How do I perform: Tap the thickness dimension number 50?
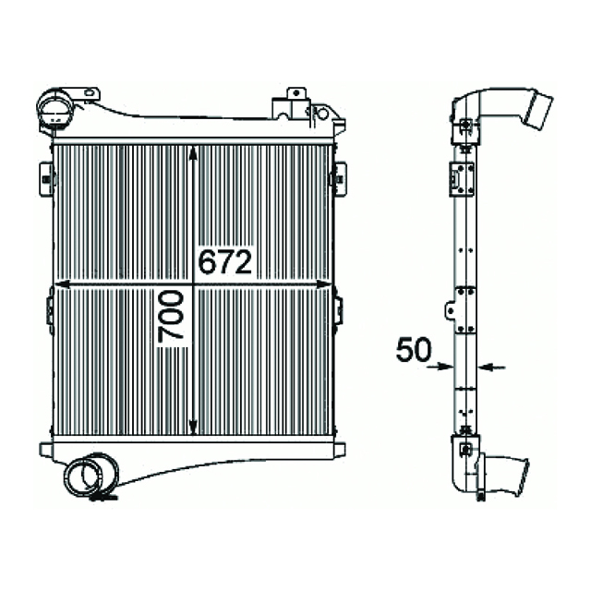click(414, 350)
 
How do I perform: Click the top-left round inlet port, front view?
click(54, 110)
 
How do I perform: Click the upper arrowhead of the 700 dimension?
click(192, 154)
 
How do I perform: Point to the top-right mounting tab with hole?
click(296, 94)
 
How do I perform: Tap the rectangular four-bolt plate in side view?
click(460, 177)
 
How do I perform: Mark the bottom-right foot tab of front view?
click(335, 450)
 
